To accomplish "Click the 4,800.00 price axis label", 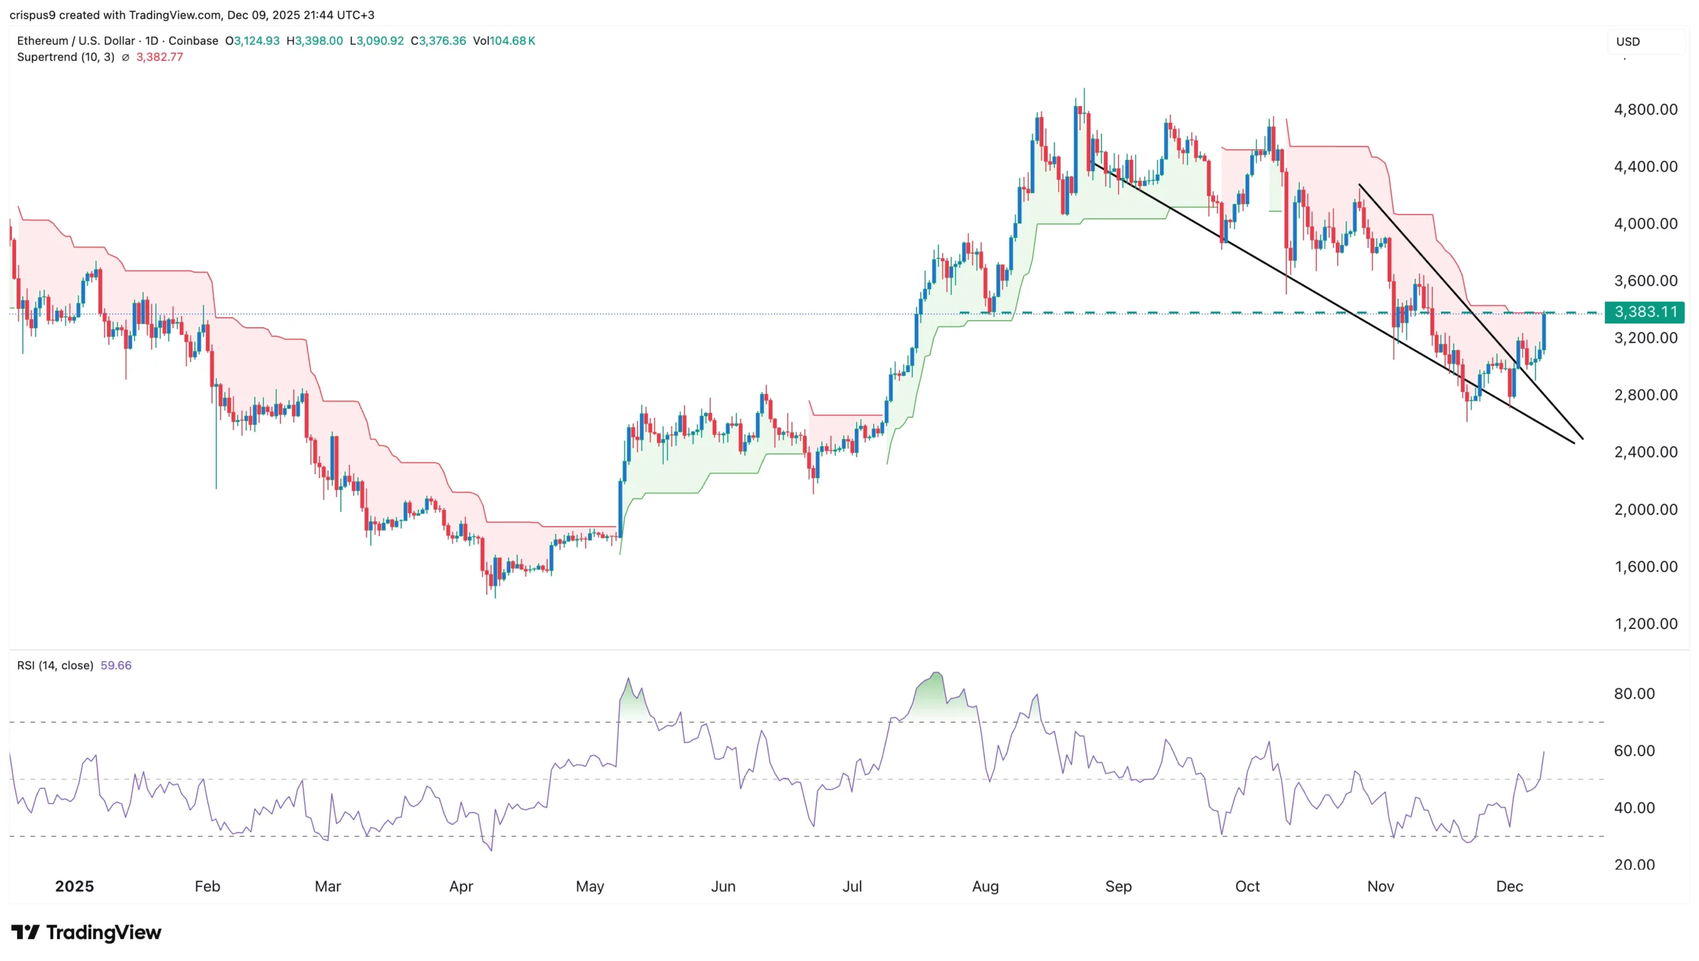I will tap(1645, 110).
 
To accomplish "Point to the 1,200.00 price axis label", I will tap(1645, 624).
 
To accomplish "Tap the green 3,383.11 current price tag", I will tap(1645, 311).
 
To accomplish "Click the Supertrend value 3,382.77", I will tap(159, 57).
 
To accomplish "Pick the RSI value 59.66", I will tap(116, 665).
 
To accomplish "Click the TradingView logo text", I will tap(103, 932).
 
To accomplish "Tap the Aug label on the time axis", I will tap(985, 886).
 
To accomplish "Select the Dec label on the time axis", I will tap(1509, 886).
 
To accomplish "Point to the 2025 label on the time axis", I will tap(74, 886).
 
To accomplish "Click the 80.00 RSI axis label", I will tap(1634, 693).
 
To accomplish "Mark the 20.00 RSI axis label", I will tap(1634, 865).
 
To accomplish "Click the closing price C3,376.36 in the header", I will tap(438, 41).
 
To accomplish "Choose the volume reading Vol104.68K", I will tap(504, 41).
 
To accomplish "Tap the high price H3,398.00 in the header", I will tap(315, 41).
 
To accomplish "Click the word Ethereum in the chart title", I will tap(42, 41).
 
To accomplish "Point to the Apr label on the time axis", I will tap(461, 886).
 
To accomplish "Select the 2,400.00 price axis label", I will tap(1645, 452).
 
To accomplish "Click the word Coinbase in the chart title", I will tap(193, 41).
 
